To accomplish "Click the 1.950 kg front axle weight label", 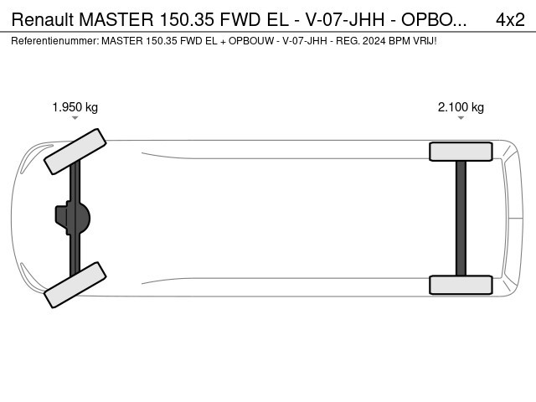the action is click(75, 107).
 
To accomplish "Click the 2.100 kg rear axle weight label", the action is click(461, 107).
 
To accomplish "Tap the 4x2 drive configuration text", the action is click(510, 19).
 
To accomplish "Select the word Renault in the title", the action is click(43, 19).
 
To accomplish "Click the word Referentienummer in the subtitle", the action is click(55, 41).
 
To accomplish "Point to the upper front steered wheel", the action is click(75, 152).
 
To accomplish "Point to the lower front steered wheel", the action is click(75, 285).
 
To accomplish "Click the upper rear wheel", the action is click(461, 152).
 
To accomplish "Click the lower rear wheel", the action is click(461, 285).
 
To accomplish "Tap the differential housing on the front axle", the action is click(73, 218).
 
